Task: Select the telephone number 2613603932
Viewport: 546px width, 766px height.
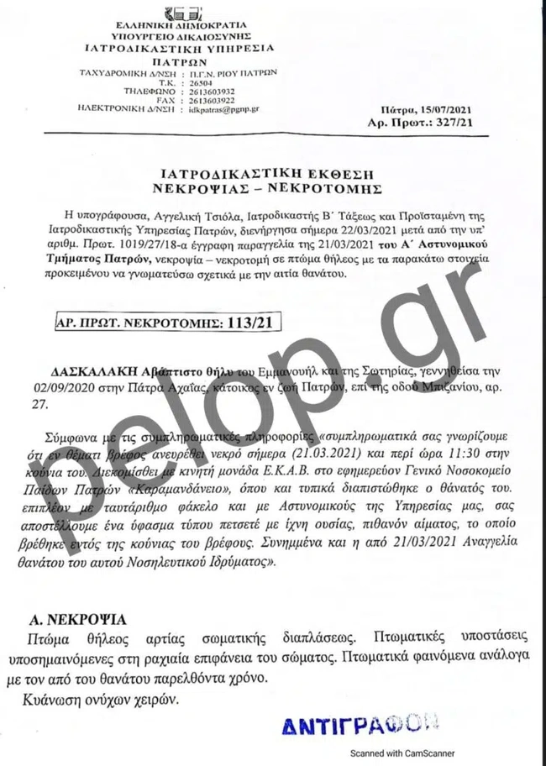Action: click(212, 92)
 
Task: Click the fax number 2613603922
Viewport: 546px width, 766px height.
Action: click(212, 101)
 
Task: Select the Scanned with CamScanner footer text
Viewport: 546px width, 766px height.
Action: click(422, 753)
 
